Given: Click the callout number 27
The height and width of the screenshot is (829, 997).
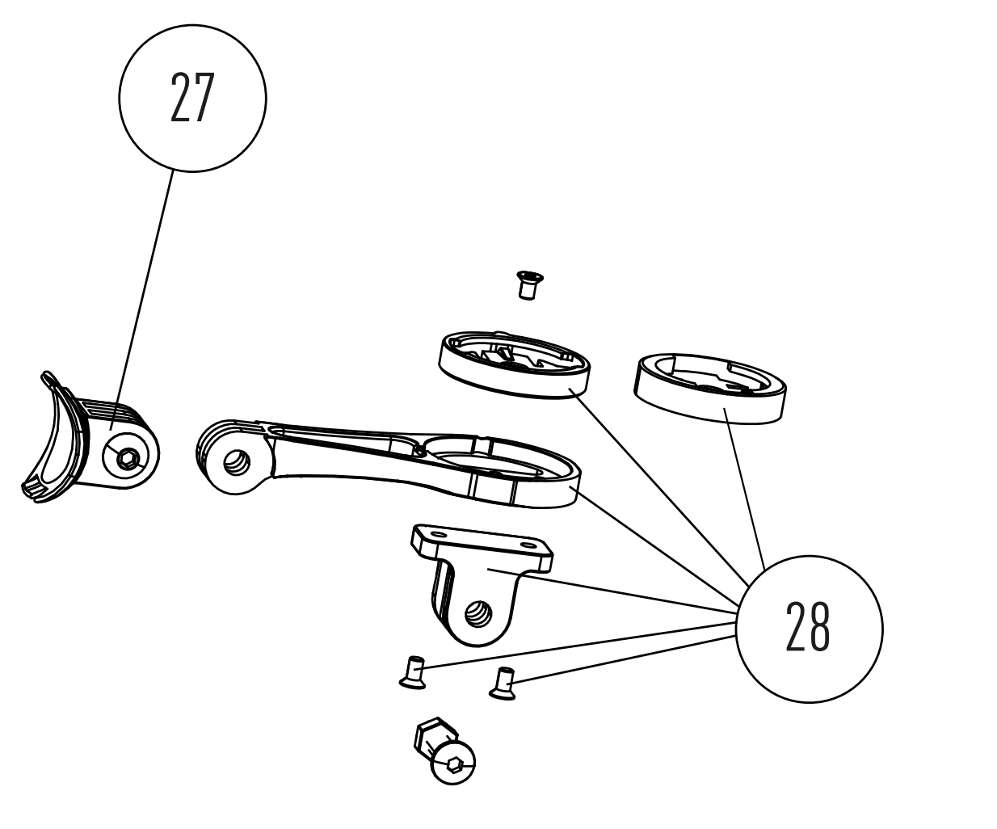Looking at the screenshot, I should tap(192, 97).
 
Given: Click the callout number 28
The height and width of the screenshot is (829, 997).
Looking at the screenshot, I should tap(808, 629).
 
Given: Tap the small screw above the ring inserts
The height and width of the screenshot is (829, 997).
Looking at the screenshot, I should tap(529, 284).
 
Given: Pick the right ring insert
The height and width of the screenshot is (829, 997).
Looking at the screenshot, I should tap(710, 387).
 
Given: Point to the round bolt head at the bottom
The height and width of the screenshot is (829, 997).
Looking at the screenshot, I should tap(454, 762).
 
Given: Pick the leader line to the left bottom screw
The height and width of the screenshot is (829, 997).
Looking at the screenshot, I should tap(578, 645).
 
